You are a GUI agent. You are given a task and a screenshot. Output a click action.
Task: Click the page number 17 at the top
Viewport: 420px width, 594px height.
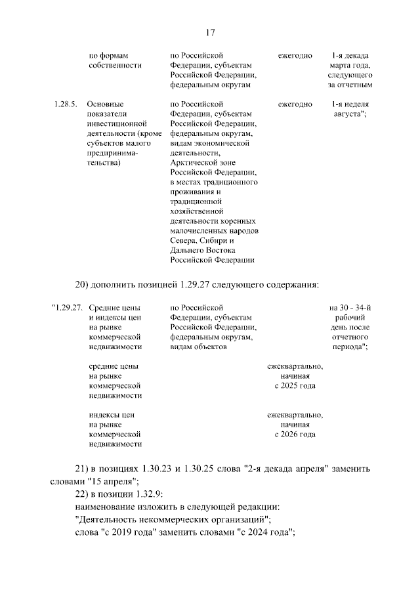(210, 33)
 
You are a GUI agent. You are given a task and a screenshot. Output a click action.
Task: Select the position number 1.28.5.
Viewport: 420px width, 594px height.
(65, 104)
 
